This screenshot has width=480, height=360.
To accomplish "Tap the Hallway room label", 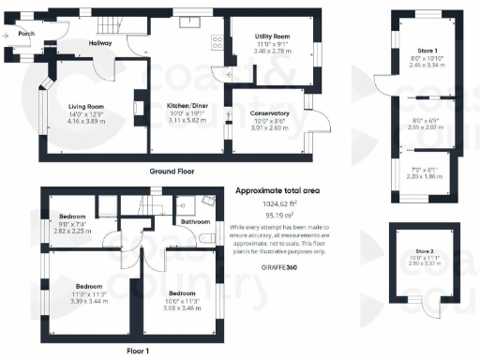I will click(x=100, y=43).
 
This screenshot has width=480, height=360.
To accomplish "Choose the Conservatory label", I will click(x=269, y=113).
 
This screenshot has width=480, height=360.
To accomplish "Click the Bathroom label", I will click(x=195, y=222).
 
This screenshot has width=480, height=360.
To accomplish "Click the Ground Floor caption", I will click(x=172, y=172).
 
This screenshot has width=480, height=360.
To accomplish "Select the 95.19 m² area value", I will click(x=277, y=215).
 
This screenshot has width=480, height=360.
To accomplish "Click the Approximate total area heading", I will click(x=277, y=190).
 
